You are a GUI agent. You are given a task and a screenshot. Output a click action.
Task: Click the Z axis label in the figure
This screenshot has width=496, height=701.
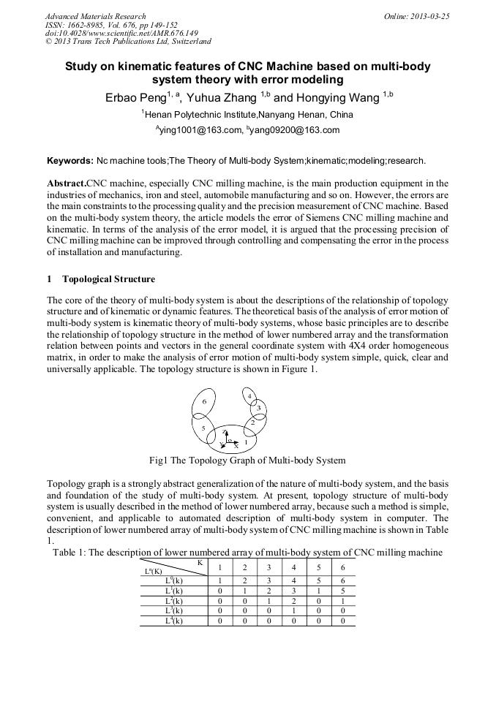tap(225, 433)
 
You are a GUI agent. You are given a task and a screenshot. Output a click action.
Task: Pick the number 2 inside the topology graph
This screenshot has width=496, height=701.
tap(252, 423)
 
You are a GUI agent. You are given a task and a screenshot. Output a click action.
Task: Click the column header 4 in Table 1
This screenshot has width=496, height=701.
tap(293, 568)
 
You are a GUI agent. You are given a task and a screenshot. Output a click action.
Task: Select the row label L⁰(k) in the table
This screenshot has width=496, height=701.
tap(173, 580)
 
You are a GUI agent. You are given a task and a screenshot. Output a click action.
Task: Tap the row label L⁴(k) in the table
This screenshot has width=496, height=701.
tap(173, 621)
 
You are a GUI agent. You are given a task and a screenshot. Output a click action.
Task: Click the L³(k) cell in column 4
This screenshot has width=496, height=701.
tap(293, 610)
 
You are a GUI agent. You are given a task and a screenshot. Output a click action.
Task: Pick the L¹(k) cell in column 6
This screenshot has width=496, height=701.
tap(342, 590)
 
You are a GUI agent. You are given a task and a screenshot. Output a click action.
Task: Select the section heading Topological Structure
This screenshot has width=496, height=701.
tap(108, 279)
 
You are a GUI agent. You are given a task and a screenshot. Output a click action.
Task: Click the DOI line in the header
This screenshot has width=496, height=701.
tap(121, 34)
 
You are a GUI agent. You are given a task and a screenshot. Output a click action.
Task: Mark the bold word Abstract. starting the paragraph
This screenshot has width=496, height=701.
tap(67, 183)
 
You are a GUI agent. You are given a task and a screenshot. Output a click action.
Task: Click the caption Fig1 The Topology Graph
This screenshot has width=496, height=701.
tap(247, 461)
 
